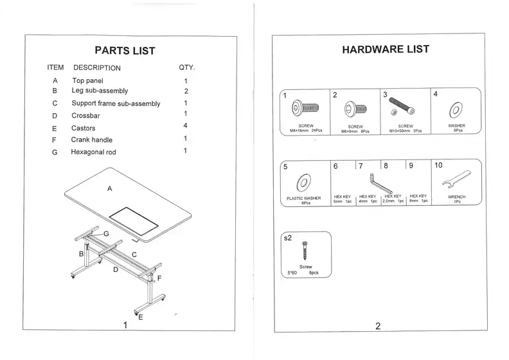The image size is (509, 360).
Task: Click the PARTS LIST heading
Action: click(125, 51)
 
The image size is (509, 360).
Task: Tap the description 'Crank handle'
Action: click(91, 139)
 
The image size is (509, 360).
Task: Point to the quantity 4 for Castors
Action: click(185, 125)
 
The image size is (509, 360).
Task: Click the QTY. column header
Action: click(186, 67)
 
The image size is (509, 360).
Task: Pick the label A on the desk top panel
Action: click(110, 189)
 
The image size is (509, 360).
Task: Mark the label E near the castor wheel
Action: click(141, 317)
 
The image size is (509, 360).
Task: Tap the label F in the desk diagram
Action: click(159, 278)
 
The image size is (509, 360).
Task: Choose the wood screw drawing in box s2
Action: click(306, 251)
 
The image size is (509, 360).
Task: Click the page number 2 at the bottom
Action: click(378, 326)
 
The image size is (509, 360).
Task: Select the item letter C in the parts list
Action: click(55, 104)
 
